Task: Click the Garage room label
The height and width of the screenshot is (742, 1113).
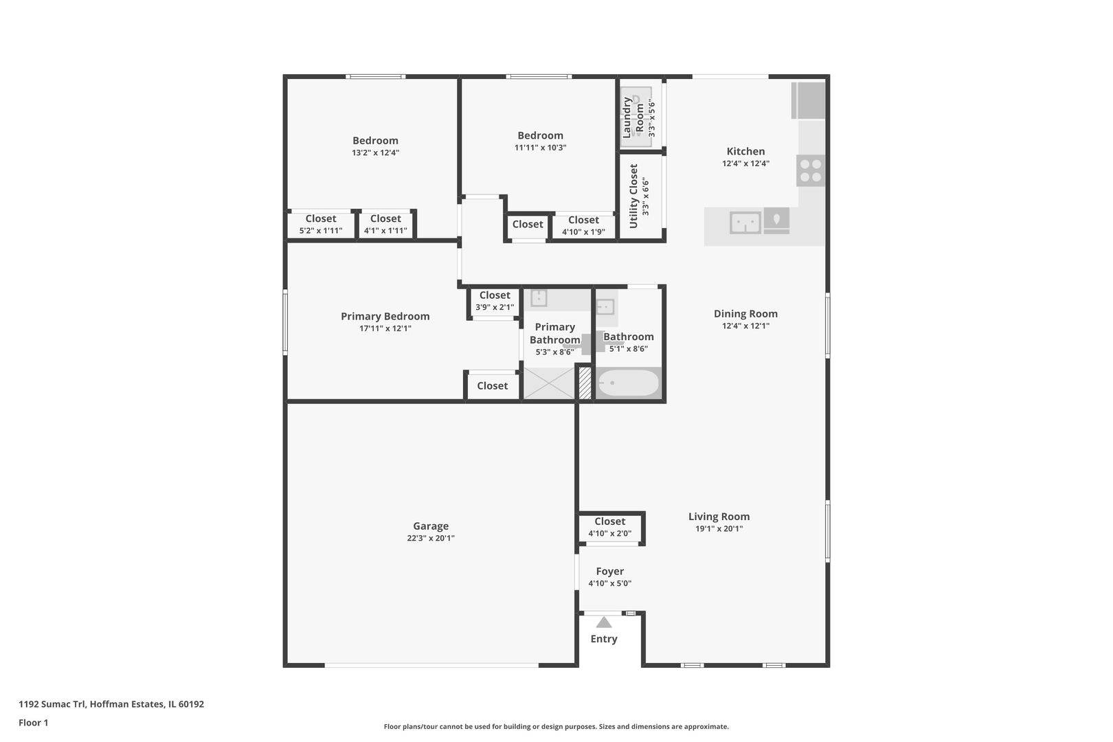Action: [431, 526]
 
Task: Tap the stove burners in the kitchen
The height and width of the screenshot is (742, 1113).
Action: [811, 170]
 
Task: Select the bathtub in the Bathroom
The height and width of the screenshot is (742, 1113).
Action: [628, 383]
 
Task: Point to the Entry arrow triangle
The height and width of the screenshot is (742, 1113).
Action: [604, 622]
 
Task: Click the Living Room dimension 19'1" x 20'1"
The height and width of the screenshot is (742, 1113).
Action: [719, 529]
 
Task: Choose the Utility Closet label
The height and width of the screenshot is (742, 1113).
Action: [633, 196]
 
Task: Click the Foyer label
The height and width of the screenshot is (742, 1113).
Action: [609, 572]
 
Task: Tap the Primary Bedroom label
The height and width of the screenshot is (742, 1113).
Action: [385, 317]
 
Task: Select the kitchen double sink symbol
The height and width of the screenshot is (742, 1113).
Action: [745, 223]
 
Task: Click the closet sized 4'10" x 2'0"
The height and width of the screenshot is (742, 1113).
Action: [609, 528]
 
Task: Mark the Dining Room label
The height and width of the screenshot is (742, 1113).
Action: [745, 314]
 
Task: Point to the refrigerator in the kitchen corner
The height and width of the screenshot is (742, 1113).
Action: [809, 100]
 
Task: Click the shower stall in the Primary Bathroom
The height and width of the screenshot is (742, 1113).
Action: [549, 383]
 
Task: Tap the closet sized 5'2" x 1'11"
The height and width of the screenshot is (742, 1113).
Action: [320, 225]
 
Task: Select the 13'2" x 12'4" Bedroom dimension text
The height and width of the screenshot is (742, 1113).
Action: [375, 153]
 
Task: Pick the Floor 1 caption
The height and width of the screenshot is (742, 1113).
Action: [33, 723]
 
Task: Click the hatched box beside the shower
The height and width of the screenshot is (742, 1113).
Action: [585, 383]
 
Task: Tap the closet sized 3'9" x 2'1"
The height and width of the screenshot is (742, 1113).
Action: [494, 302]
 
